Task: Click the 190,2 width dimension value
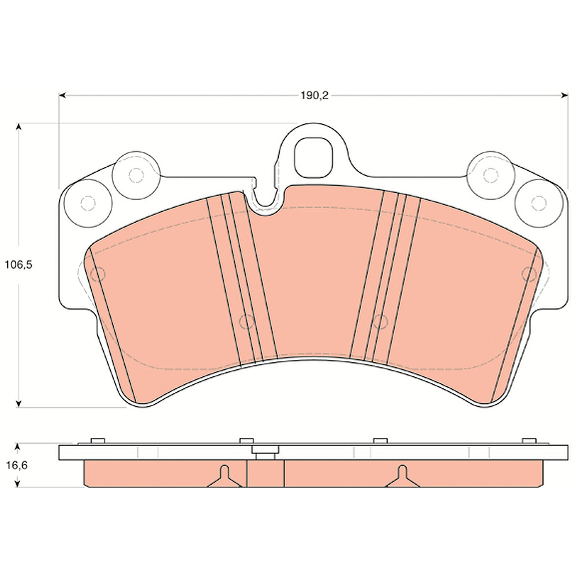point(314,96)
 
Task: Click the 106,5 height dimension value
point(18,265)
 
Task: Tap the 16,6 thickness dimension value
point(17,466)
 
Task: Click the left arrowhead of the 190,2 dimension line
point(62,96)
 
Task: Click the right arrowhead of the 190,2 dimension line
point(564,96)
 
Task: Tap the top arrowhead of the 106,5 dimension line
point(18,126)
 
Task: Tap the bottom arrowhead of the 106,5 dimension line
point(18,404)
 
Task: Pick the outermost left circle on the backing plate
point(88,203)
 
